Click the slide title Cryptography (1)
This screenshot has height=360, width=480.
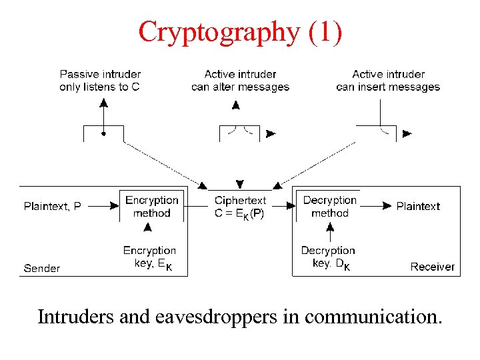[x=240, y=31]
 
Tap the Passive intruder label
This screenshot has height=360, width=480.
[x=100, y=80]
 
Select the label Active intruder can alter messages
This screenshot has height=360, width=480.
[x=240, y=80]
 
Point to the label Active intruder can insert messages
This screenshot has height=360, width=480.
[x=388, y=80]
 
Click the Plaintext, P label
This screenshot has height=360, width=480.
[x=53, y=207]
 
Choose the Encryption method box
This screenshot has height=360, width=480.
[x=152, y=207]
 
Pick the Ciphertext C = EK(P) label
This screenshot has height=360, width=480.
[x=240, y=207]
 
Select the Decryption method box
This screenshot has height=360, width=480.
[x=329, y=207]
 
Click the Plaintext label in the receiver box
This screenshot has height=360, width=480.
[x=418, y=207]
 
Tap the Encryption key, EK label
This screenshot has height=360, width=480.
[x=149, y=257]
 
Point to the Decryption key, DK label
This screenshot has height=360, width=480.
[x=327, y=257]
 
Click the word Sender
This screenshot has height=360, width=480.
[x=42, y=268]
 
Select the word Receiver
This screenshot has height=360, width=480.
[x=432, y=267]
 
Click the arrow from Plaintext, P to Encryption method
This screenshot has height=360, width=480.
[x=103, y=207]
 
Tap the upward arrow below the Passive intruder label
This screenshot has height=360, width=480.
[x=103, y=107]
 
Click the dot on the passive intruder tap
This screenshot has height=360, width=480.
[x=103, y=133]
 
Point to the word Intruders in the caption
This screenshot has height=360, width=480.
[x=75, y=317]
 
